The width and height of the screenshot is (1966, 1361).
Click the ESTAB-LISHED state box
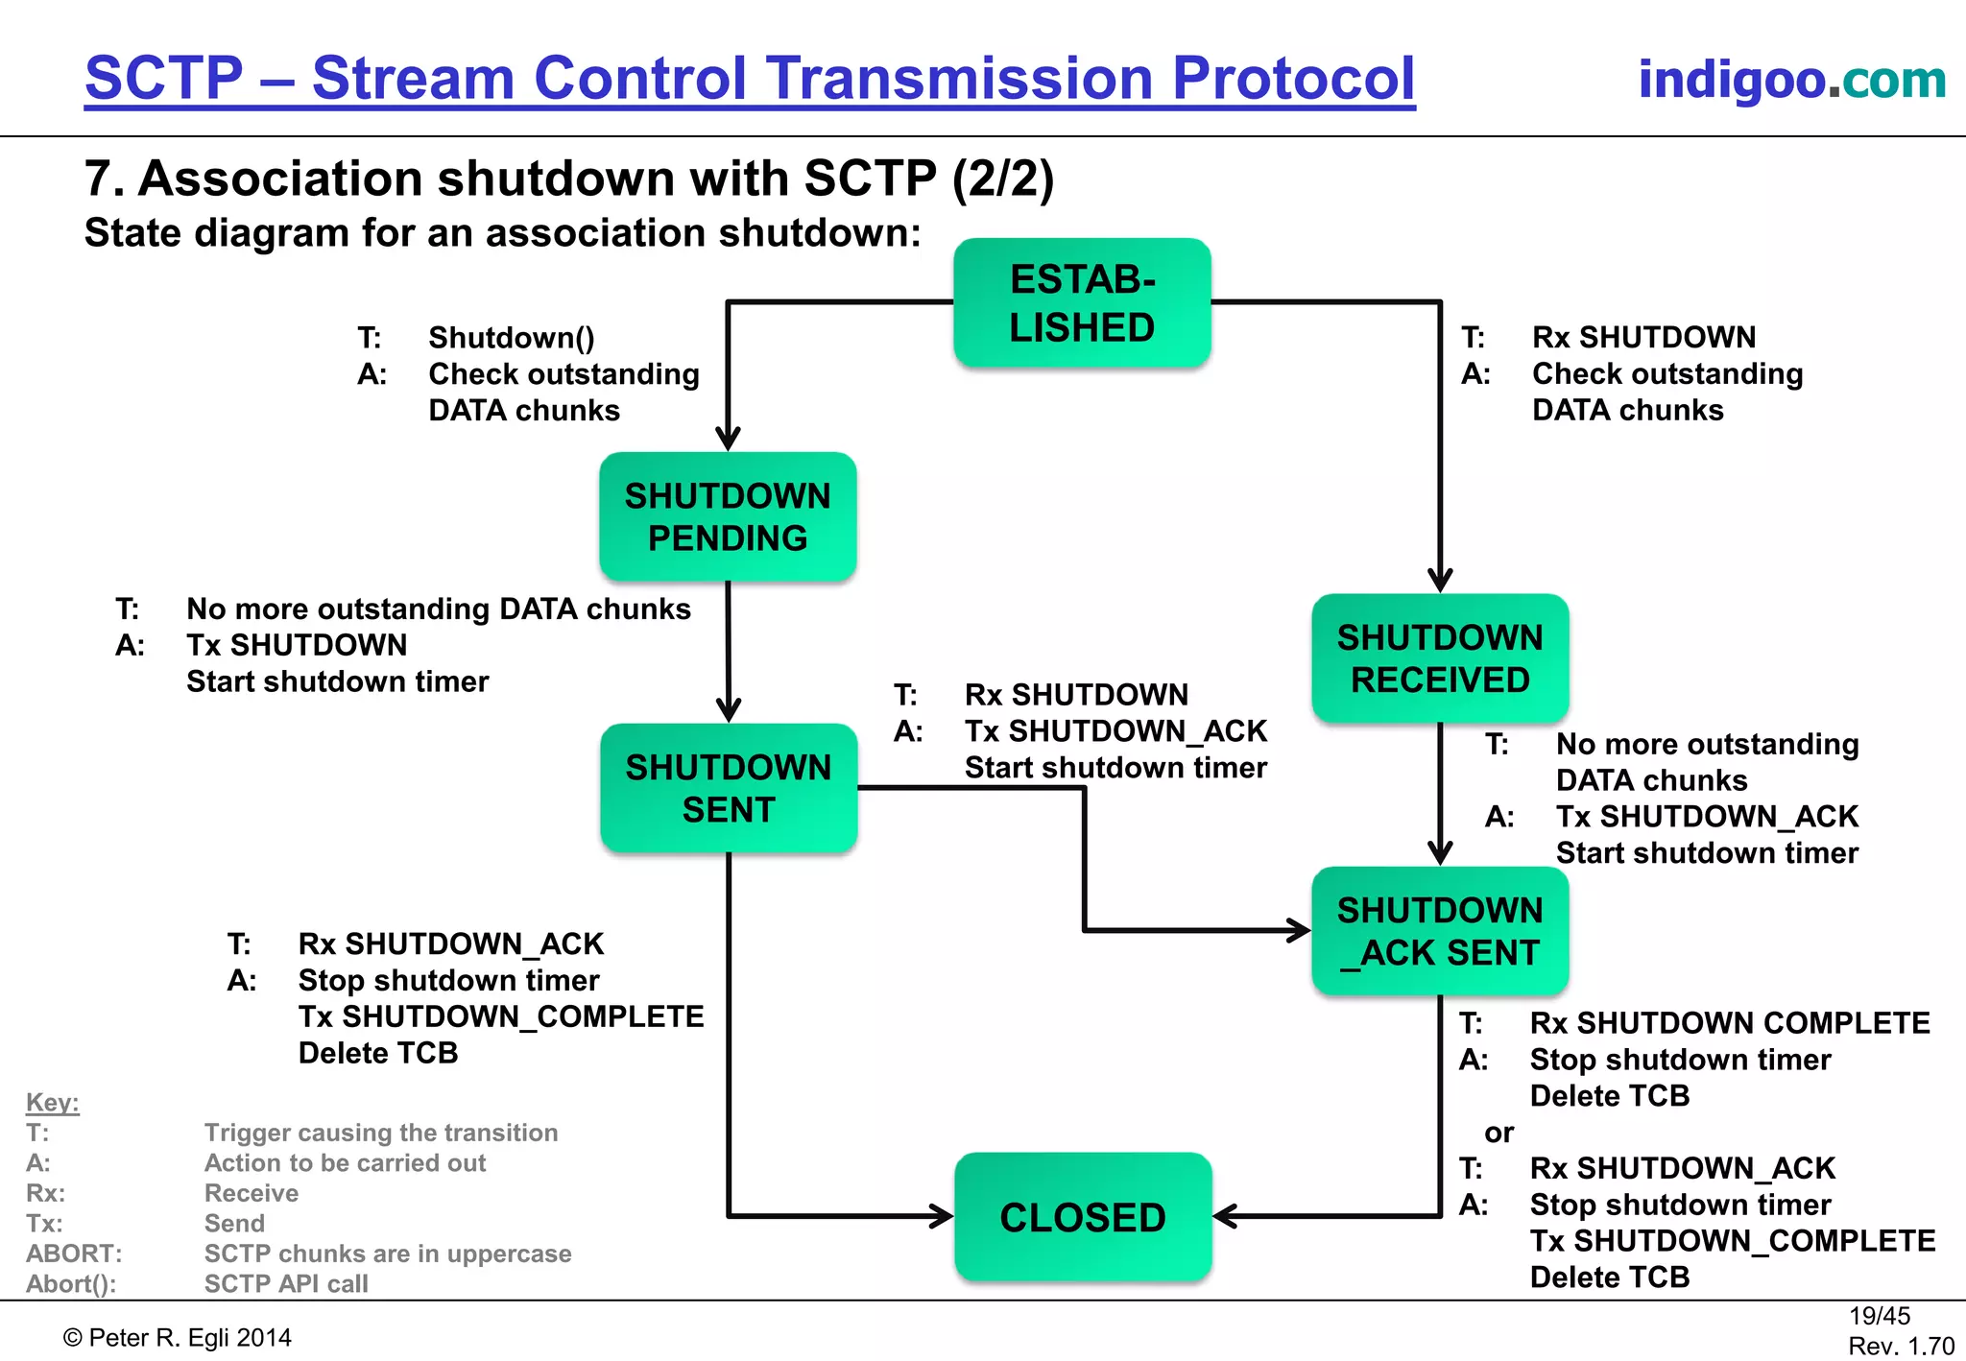click(x=1082, y=303)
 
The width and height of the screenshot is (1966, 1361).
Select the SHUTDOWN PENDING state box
click(x=728, y=516)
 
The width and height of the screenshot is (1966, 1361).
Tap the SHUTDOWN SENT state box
click(x=729, y=788)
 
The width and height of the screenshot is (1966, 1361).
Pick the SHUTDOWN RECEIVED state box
click(x=1440, y=658)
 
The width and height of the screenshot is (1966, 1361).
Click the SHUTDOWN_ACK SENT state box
click(x=1440, y=931)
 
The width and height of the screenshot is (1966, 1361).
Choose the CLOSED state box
click(x=1083, y=1217)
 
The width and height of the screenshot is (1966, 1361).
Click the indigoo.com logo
click(x=1791, y=79)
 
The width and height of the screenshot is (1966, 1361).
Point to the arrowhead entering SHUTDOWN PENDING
click(x=728, y=440)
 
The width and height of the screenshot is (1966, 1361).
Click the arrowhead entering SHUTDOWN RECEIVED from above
click(x=1440, y=581)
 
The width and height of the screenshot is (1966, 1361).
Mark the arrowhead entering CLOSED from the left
click(x=942, y=1217)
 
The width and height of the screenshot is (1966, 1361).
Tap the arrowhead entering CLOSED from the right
click(x=1225, y=1217)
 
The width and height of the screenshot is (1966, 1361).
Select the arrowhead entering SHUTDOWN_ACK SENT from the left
click(x=1299, y=929)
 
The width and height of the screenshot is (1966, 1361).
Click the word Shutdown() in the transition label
click(x=512, y=338)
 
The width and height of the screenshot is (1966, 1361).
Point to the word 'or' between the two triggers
click(x=1498, y=1133)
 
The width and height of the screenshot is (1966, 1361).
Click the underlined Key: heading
click(x=52, y=1102)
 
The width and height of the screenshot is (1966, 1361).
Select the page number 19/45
click(x=1879, y=1316)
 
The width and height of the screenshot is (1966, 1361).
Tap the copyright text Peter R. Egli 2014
click(x=178, y=1338)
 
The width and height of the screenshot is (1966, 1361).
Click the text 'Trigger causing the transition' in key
click(x=380, y=1133)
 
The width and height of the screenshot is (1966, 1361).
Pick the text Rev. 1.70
click(x=1901, y=1347)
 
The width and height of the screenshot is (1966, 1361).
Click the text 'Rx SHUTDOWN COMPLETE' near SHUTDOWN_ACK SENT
click(x=1729, y=1023)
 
